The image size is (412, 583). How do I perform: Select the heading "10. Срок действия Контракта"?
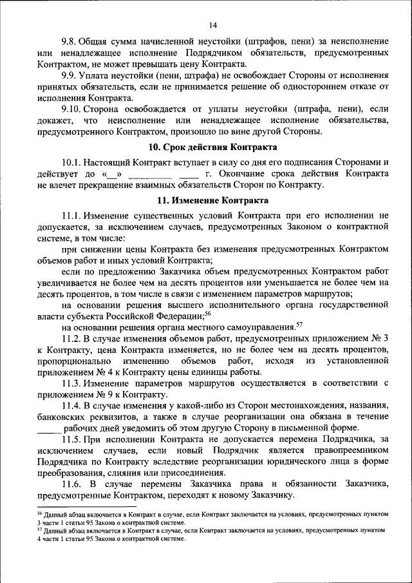coord(213,146)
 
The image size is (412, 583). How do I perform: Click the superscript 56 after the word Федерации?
coord(207,313)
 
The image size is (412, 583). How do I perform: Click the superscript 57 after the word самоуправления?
coord(299,324)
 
